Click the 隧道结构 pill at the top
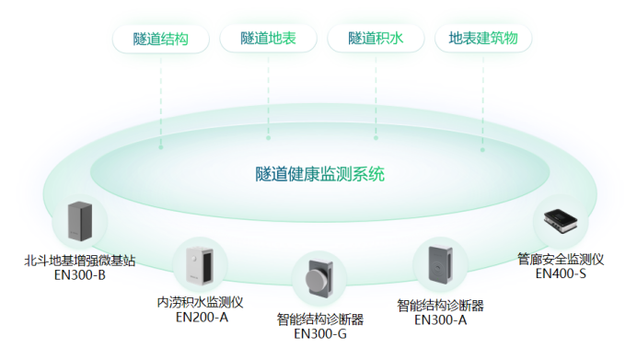(161, 39)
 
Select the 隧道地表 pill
(268, 39)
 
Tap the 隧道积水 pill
(376, 39)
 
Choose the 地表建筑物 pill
(482, 39)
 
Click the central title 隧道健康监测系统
(320, 173)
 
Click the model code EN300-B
(80, 275)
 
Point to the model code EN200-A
(202, 318)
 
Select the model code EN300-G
(320, 334)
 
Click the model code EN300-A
(440, 320)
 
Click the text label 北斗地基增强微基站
(80, 261)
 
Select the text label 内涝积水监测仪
(200, 303)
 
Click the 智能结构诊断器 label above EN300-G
(320, 319)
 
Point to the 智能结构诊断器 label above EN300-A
(440, 306)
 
